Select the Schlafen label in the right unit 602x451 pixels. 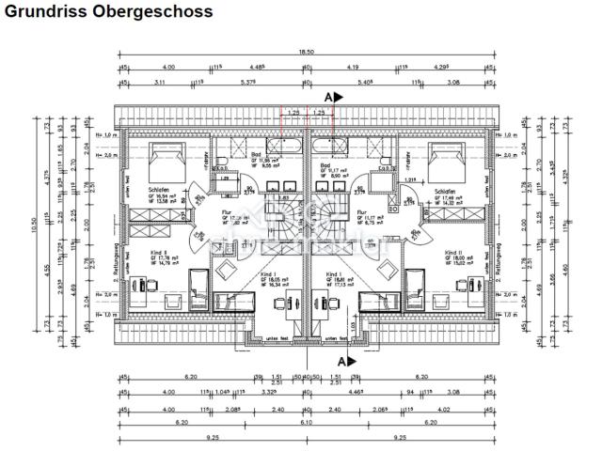pos(446,189)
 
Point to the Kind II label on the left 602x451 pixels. pos(158,254)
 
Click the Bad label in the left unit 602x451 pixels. pos(257,157)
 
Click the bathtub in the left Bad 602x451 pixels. pos(284,146)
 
